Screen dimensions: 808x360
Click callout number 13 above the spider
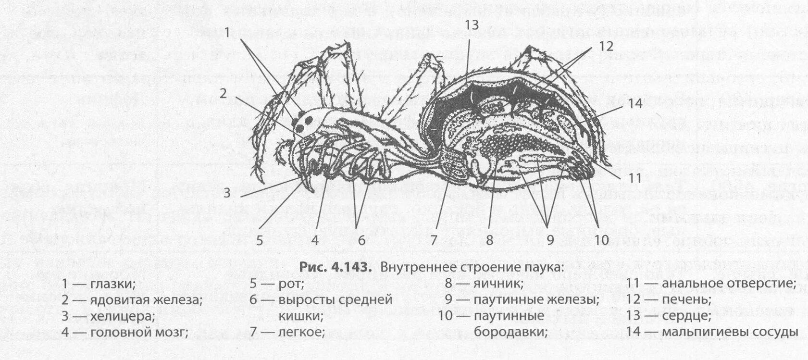coord(472,25)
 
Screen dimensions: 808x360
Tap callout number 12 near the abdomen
coord(606,46)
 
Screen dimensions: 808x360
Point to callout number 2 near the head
coord(223,93)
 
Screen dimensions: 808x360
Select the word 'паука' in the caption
coord(544,267)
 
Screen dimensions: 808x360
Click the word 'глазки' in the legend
coord(112,284)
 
